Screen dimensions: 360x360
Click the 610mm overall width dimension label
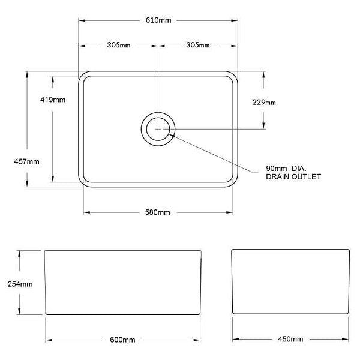pos(158,20)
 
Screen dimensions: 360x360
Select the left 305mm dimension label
pos(119,45)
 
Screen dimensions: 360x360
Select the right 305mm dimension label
pos(197,45)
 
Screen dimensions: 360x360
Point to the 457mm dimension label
pos(27,161)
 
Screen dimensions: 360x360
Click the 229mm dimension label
pos(264,102)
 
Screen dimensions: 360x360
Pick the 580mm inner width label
pos(158,212)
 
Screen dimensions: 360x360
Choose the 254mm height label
pos(20,284)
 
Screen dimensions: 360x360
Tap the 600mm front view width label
pos(122,340)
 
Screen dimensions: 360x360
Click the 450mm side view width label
pos(291,340)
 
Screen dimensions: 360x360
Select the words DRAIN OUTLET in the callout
pos(294,177)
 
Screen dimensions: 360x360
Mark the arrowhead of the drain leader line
pos(173,135)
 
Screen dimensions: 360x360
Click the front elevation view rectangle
pos(122,283)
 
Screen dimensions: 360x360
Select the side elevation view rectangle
pos(291,283)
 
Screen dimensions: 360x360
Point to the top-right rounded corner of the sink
pos(233,76)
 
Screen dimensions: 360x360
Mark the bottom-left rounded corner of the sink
pos(84,181)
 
